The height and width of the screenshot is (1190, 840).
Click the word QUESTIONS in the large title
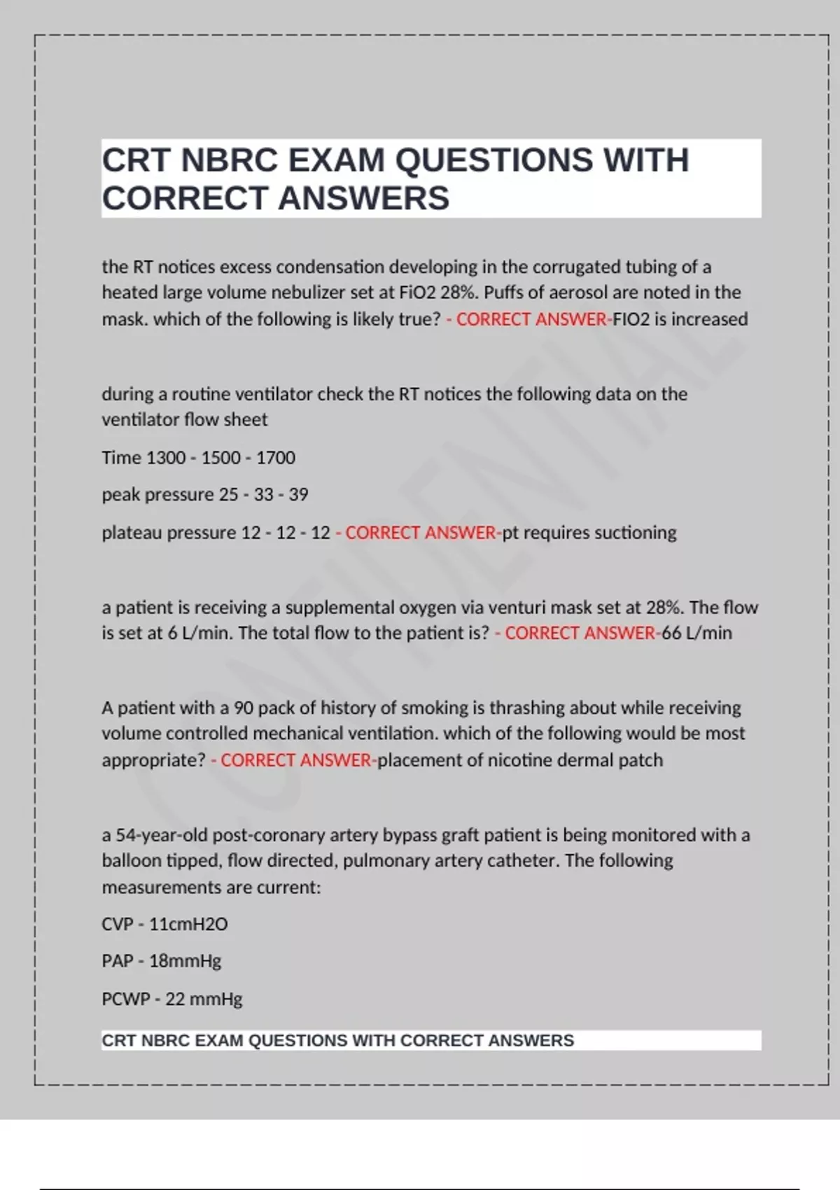(x=493, y=160)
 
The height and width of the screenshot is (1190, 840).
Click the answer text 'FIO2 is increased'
(x=680, y=319)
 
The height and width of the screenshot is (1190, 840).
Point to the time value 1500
(x=221, y=458)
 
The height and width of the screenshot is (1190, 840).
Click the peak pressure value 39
(x=299, y=495)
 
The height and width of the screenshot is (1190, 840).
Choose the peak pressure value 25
(x=229, y=495)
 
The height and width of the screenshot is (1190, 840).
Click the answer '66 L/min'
(x=697, y=633)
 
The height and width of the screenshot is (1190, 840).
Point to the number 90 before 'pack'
(x=244, y=708)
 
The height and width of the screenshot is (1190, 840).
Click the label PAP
(x=118, y=961)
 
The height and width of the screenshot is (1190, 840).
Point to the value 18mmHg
(x=185, y=961)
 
